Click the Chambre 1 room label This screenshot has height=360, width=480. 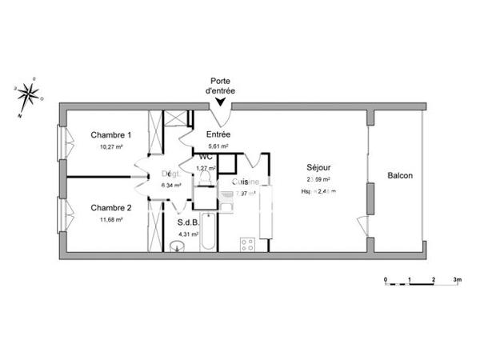click(111, 135)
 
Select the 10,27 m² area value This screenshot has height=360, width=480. click(111, 147)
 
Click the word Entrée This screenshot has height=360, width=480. click(218, 134)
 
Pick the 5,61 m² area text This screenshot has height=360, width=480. click(218, 146)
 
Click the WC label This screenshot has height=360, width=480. click(206, 158)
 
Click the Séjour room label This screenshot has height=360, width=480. click(318, 167)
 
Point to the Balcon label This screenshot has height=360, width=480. click(400, 176)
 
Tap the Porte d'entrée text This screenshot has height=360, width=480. click(220, 86)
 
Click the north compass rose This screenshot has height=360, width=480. click(27, 94)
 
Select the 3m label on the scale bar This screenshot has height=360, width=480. click(458, 280)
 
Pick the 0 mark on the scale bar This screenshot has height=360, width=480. click(386, 280)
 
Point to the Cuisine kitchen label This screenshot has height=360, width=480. click(245, 182)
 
